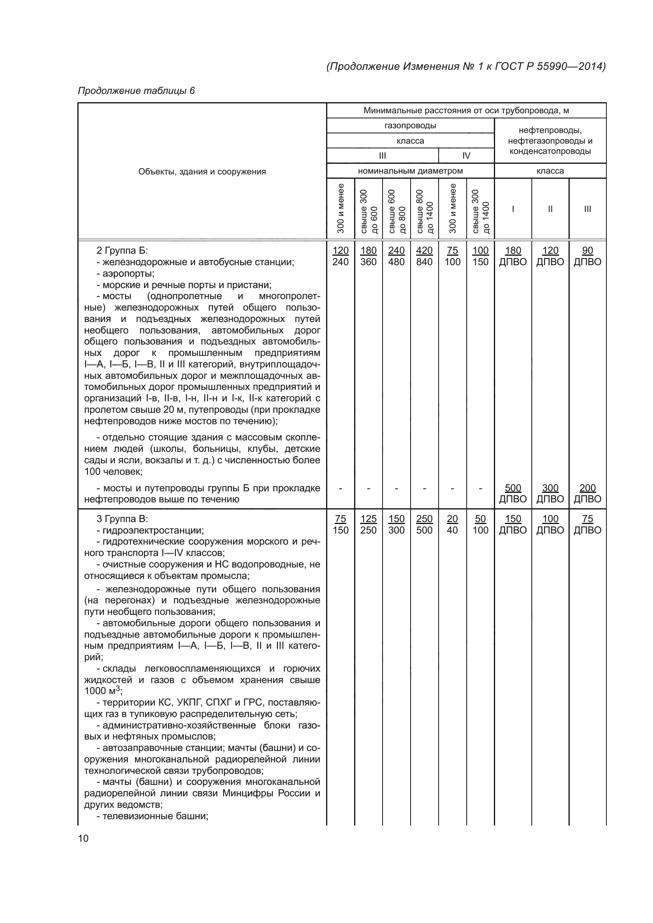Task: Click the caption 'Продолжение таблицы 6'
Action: (x=136, y=91)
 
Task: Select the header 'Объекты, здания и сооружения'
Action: (x=202, y=172)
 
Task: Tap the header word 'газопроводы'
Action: (x=410, y=125)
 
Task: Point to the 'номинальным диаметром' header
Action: (x=410, y=171)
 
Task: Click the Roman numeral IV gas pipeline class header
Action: (x=466, y=155)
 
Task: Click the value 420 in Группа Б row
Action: (x=424, y=251)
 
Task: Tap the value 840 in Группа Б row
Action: (x=424, y=262)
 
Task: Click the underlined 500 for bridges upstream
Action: (x=513, y=488)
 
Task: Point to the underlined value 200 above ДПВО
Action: (x=587, y=488)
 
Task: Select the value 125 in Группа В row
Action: (x=368, y=519)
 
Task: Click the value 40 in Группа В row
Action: (x=452, y=530)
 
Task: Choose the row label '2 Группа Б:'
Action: (x=122, y=251)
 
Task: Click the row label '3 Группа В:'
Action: (x=122, y=519)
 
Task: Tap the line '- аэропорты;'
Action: (x=125, y=274)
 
